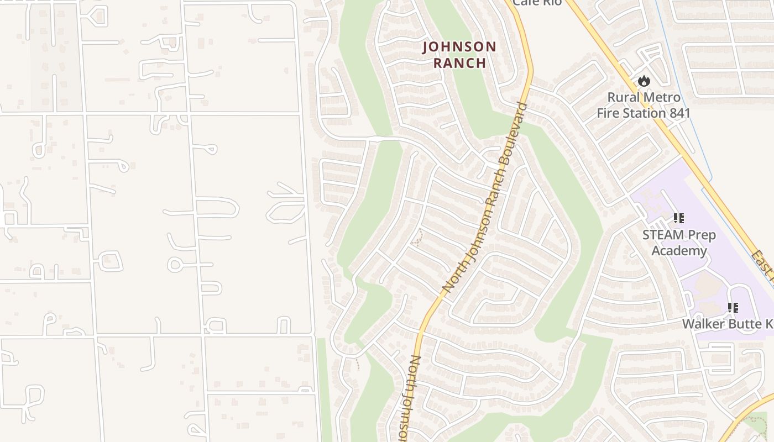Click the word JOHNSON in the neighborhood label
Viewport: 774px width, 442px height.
point(459,47)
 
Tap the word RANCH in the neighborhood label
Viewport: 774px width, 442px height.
point(459,63)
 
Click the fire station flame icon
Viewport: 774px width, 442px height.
point(644,81)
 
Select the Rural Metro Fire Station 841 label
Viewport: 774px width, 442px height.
point(644,106)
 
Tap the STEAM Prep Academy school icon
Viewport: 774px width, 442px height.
point(678,218)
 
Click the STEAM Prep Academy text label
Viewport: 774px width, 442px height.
point(679,243)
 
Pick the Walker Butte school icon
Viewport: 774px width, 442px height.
point(733,308)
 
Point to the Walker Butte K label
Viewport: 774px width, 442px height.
point(727,324)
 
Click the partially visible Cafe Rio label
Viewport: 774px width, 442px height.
point(537,3)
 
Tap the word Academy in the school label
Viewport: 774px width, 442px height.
point(679,251)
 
